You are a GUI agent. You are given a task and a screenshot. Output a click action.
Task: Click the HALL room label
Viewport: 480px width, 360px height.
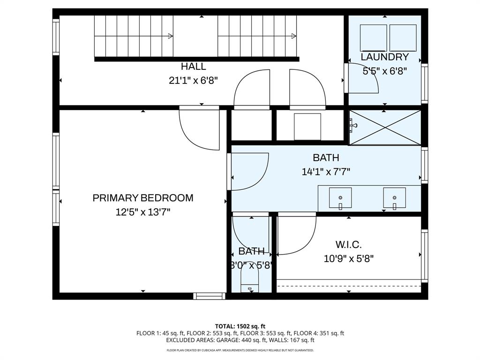(x=193, y=67)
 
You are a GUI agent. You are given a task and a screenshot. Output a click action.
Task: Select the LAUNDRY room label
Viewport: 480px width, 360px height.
(x=384, y=57)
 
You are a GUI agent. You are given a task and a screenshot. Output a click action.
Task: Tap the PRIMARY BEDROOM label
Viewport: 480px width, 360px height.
(x=143, y=198)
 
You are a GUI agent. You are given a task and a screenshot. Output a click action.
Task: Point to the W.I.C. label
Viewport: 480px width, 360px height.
(x=348, y=245)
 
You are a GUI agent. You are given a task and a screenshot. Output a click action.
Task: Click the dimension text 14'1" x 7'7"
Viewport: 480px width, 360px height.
(x=326, y=172)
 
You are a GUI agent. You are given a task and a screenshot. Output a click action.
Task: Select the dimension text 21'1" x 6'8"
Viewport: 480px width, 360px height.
(x=193, y=81)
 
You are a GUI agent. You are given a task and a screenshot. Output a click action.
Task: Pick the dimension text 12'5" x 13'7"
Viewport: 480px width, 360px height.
(x=143, y=212)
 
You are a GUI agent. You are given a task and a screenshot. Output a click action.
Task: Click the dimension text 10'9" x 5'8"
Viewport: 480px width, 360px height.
(x=348, y=258)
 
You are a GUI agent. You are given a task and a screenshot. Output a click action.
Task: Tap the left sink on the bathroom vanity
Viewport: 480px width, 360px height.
(x=340, y=198)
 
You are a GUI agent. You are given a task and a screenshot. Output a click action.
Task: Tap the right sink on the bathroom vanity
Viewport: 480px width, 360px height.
(x=394, y=198)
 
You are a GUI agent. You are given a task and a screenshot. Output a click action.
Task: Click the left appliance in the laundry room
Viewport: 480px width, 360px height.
(x=373, y=38)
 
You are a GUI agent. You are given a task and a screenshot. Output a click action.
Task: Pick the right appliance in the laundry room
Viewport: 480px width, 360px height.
(x=403, y=38)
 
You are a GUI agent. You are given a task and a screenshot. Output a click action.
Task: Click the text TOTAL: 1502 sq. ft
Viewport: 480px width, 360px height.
(x=240, y=326)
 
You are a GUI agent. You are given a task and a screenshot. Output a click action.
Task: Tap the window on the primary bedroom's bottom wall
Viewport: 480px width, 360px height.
(x=209, y=296)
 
